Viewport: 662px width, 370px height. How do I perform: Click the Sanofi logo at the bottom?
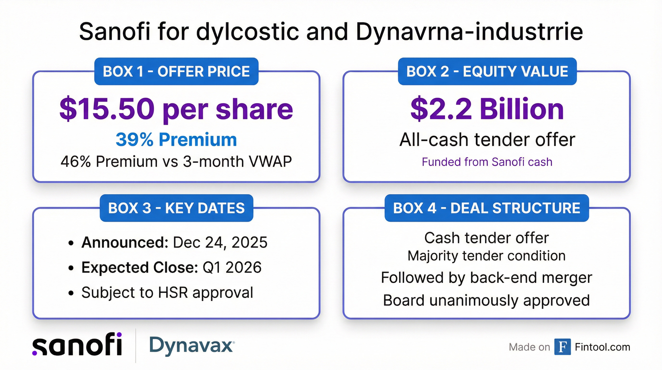77,344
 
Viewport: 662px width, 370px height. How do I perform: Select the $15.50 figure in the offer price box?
107,109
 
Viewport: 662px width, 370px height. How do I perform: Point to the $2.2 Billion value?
487,109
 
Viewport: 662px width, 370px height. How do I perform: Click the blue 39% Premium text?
176,140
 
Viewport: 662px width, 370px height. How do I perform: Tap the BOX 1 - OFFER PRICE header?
176,71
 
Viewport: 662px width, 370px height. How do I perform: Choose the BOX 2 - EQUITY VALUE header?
487,71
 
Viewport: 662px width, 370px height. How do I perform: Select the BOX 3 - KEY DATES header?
177,208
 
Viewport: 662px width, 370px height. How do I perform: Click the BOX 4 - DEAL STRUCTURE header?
487,208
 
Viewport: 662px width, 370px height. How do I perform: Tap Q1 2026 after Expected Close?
232,267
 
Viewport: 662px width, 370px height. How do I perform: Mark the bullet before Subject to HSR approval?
71,293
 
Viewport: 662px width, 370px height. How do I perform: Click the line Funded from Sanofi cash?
487,162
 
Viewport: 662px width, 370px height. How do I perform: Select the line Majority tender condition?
487,256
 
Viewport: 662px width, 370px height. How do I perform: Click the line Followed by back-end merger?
486,278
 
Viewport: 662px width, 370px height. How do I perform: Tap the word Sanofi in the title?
115,32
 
